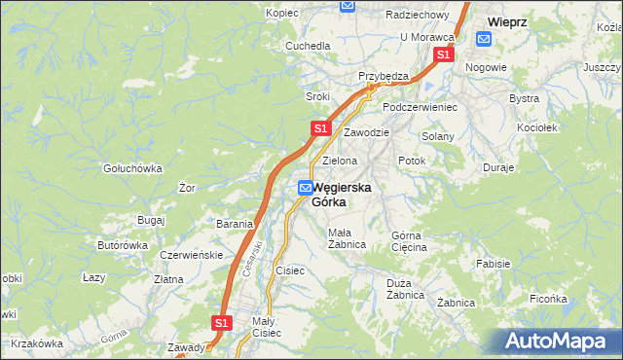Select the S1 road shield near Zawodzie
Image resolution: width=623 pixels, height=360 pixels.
pos(322,128)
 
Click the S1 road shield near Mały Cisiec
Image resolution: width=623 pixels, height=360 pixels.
pos(222,322)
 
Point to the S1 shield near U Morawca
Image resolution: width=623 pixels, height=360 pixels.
pos(443,55)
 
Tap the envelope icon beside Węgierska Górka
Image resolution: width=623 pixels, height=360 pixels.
pos(306,188)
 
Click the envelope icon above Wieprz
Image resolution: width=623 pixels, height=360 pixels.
pos(485,39)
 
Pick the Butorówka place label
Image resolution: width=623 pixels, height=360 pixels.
pos(122,245)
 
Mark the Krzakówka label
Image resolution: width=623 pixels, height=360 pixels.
pos(36,342)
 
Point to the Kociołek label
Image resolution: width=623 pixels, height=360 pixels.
pos(536,127)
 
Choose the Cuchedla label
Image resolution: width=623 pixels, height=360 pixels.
pos(306,46)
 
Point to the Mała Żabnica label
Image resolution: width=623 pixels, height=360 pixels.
pos(347,238)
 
